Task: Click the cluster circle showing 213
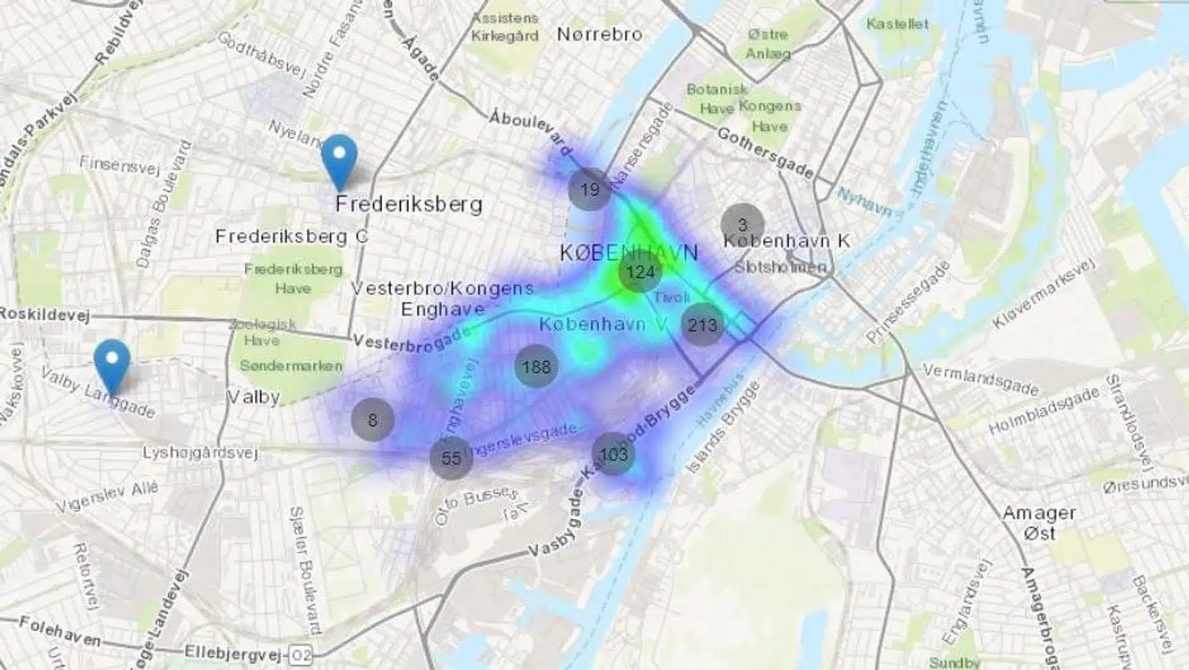click(x=703, y=325)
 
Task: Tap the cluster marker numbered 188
click(x=536, y=366)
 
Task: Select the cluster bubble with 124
click(x=640, y=272)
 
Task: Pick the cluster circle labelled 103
click(x=613, y=454)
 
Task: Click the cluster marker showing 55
click(x=451, y=459)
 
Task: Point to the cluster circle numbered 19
click(x=590, y=190)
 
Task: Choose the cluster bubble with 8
click(x=372, y=420)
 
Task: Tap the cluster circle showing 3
click(x=742, y=224)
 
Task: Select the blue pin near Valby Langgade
click(x=111, y=365)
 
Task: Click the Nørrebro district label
click(x=599, y=34)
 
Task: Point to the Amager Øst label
click(x=1039, y=523)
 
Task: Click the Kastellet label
click(x=898, y=24)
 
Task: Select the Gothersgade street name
click(x=765, y=153)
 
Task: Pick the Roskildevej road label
click(x=44, y=315)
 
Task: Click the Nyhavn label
click(x=865, y=201)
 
